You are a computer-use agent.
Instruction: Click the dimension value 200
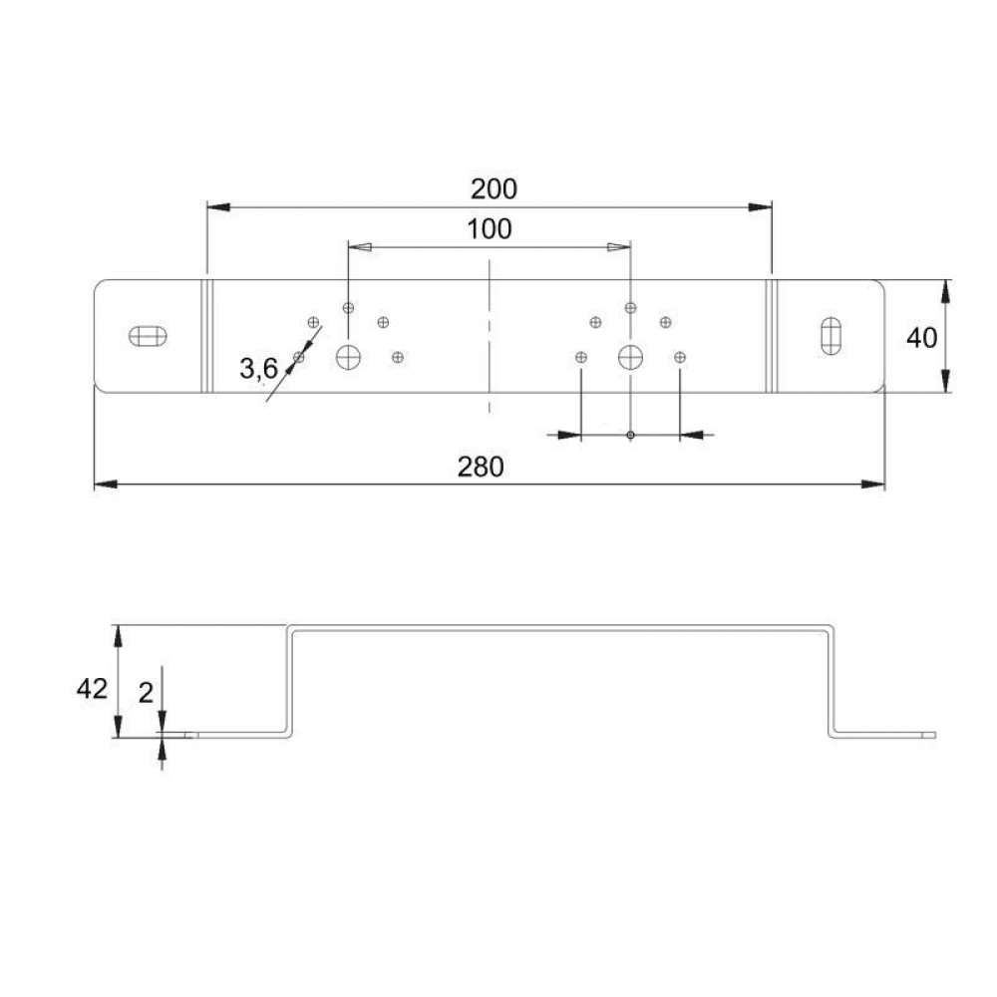pos(494,188)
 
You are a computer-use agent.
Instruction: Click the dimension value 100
pos(489,229)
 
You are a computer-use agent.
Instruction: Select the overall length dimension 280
pos(481,468)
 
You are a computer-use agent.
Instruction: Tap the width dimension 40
pos(921,338)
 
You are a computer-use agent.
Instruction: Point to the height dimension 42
pos(92,689)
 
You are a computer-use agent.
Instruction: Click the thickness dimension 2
pos(147,693)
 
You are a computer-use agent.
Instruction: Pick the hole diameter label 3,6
pos(259,369)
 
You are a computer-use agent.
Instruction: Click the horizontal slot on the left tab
pos(149,335)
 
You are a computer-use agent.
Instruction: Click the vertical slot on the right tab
pos(831,335)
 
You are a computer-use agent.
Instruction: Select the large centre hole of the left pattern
pos(348,357)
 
